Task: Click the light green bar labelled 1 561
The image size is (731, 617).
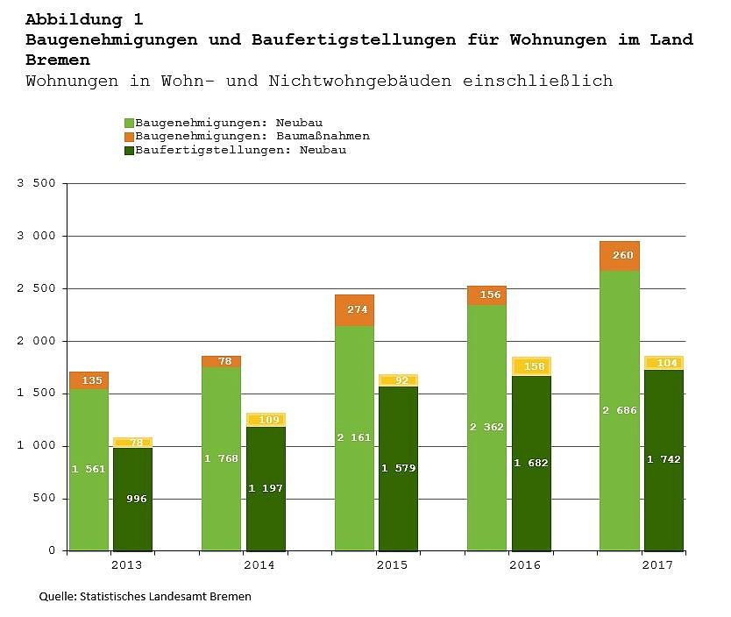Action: (89, 470)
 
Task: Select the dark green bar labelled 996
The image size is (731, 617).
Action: (132, 499)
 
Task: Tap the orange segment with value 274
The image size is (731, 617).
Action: (354, 310)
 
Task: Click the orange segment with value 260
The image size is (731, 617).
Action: (619, 256)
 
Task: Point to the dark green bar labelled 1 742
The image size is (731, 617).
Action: (664, 460)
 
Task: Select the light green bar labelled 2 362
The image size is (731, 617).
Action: (486, 428)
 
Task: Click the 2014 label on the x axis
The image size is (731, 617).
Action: (259, 565)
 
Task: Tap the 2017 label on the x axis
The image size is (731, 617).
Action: (657, 565)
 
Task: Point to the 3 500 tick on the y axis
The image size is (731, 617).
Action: (36, 183)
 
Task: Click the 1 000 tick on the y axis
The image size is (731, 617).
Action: (36, 446)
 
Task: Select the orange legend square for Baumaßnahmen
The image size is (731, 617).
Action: (129, 137)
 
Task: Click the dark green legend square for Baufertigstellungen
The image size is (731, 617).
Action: (129, 150)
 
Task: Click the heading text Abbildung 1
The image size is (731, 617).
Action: (84, 18)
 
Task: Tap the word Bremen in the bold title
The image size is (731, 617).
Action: (58, 60)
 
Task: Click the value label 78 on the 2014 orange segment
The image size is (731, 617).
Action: (224, 361)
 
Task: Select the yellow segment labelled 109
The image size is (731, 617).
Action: (266, 420)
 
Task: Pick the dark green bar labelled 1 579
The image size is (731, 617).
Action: (398, 468)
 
